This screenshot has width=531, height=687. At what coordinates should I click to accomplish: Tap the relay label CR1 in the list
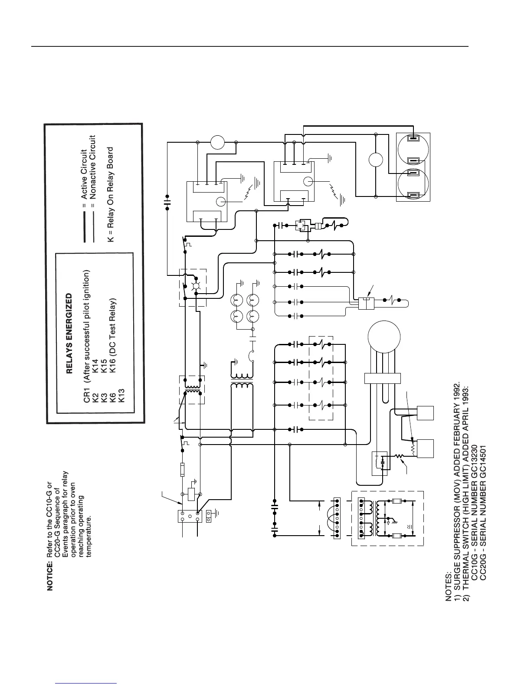tap(87, 397)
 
